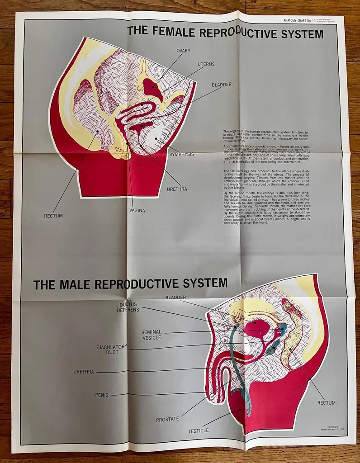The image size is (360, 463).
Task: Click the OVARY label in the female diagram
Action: click(183, 51)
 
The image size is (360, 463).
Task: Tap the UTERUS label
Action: click(205, 64)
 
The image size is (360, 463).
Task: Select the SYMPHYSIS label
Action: click(181, 154)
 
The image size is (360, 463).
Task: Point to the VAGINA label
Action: click(137, 210)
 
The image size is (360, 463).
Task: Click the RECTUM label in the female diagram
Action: click(53, 216)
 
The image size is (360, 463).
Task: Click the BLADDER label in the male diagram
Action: click(175, 297)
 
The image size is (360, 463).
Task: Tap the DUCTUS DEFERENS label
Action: click(128, 307)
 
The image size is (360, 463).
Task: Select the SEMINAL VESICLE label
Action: click(151, 335)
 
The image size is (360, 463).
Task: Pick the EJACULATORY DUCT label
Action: click(111, 350)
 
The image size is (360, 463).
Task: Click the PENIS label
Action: click(102, 395)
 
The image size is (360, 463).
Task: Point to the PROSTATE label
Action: click(167, 419)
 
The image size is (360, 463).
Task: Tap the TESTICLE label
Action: click(199, 431)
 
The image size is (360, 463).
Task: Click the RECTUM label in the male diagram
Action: click(327, 403)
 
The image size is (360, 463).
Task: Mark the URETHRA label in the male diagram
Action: click(84, 372)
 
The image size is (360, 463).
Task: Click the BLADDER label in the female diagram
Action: click(222, 85)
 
